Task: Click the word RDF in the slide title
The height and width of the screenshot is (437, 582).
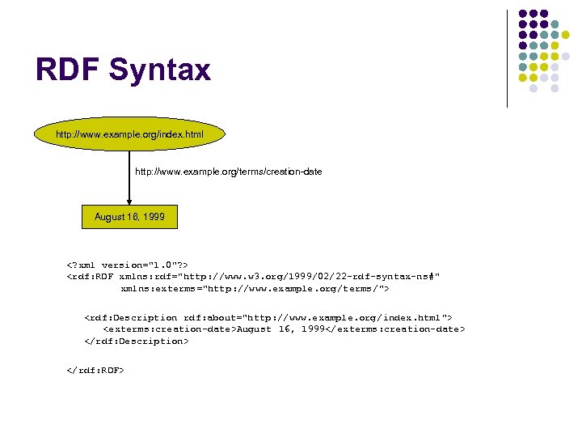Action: tap(67, 70)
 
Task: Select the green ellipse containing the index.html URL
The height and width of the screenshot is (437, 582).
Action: tap(129, 133)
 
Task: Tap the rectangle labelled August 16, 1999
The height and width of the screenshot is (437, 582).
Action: tap(129, 217)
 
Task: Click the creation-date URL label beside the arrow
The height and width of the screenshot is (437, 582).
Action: tap(228, 172)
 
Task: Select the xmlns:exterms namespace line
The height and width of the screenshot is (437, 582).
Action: tap(255, 288)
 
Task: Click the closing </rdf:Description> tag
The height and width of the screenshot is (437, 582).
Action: tap(137, 341)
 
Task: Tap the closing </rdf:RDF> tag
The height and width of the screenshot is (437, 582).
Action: tap(95, 370)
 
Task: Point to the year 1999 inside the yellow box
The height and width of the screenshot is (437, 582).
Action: tap(152, 217)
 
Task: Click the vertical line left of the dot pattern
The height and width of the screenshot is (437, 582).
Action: tap(508, 58)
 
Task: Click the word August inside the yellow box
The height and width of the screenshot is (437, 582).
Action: tap(110, 217)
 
